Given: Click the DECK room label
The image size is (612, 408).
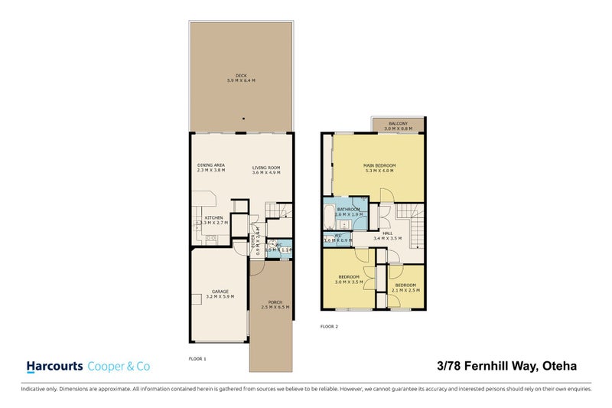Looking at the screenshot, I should click(x=241, y=75).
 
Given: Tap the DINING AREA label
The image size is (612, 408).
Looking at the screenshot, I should click(x=210, y=165).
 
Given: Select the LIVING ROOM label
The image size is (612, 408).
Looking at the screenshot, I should click(x=267, y=167).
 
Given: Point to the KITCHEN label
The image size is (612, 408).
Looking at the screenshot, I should click(x=213, y=218).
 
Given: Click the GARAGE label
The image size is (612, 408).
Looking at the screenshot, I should click(x=220, y=291).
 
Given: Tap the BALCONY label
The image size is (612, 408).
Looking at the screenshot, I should click(x=398, y=124).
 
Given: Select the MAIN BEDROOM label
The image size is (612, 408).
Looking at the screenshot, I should click(x=379, y=166).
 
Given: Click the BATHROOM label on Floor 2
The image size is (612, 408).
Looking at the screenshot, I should click(x=349, y=209).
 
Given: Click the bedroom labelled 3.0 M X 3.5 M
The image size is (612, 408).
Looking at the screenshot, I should click(x=348, y=276).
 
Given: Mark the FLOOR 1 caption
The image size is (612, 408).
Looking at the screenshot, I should click(x=197, y=358).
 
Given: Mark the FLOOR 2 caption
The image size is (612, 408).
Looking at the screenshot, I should click(x=329, y=326).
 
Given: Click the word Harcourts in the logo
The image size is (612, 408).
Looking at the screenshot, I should click(x=54, y=366).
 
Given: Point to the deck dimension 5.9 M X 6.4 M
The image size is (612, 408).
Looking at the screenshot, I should click(x=241, y=80).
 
